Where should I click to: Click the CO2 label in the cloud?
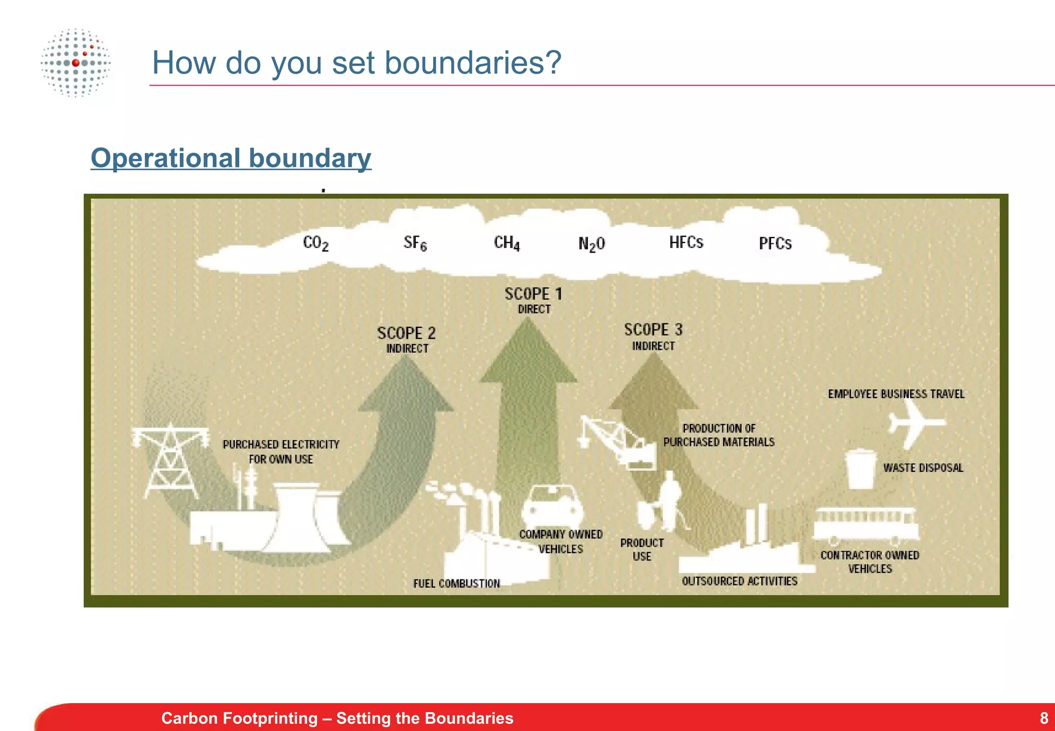click(x=315, y=243)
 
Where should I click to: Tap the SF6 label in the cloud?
click(x=415, y=243)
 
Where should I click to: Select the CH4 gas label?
click(x=507, y=243)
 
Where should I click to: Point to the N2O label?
click(x=591, y=244)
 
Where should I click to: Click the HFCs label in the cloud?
click(x=686, y=242)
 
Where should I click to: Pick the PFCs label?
click(x=775, y=243)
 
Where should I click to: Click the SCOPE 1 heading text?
click(x=533, y=294)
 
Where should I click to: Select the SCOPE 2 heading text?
click(x=406, y=334)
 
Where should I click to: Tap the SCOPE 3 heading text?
click(x=653, y=330)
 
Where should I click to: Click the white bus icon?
click(x=865, y=525)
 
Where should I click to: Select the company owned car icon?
click(x=552, y=505)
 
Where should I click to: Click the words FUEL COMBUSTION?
click(x=456, y=584)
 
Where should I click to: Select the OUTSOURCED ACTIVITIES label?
click(x=740, y=582)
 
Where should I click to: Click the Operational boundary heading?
click(x=231, y=158)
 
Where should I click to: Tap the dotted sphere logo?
click(x=76, y=63)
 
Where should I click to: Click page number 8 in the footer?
click(x=1044, y=718)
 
